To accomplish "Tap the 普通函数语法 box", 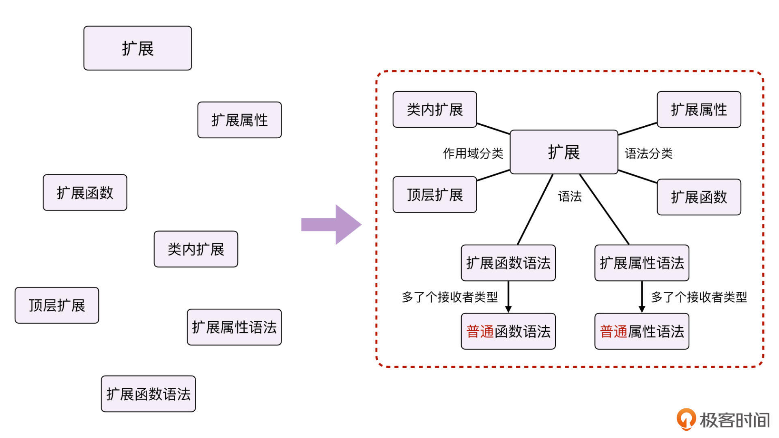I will [508, 331].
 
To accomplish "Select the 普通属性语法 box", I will [641, 331].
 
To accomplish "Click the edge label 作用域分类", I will [473, 153].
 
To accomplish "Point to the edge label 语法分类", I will [648, 153].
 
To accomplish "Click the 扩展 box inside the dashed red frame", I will [564, 152].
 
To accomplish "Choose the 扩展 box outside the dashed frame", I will [138, 48].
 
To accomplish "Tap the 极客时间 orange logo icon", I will [686, 419].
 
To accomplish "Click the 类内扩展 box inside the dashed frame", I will [435, 109].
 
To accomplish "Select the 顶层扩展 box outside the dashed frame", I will [57, 305].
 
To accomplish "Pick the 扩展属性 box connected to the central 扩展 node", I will [699, 109].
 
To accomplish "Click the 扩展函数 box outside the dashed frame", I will [85, 193].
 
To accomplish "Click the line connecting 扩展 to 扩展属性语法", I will [604, 209].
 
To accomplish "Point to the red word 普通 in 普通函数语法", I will [480, 332].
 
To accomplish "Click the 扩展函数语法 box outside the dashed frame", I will [148, 394].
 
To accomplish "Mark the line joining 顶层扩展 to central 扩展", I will [493, 175].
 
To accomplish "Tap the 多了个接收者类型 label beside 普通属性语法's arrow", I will [699, 297].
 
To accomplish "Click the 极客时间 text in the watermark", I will [735, 420].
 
